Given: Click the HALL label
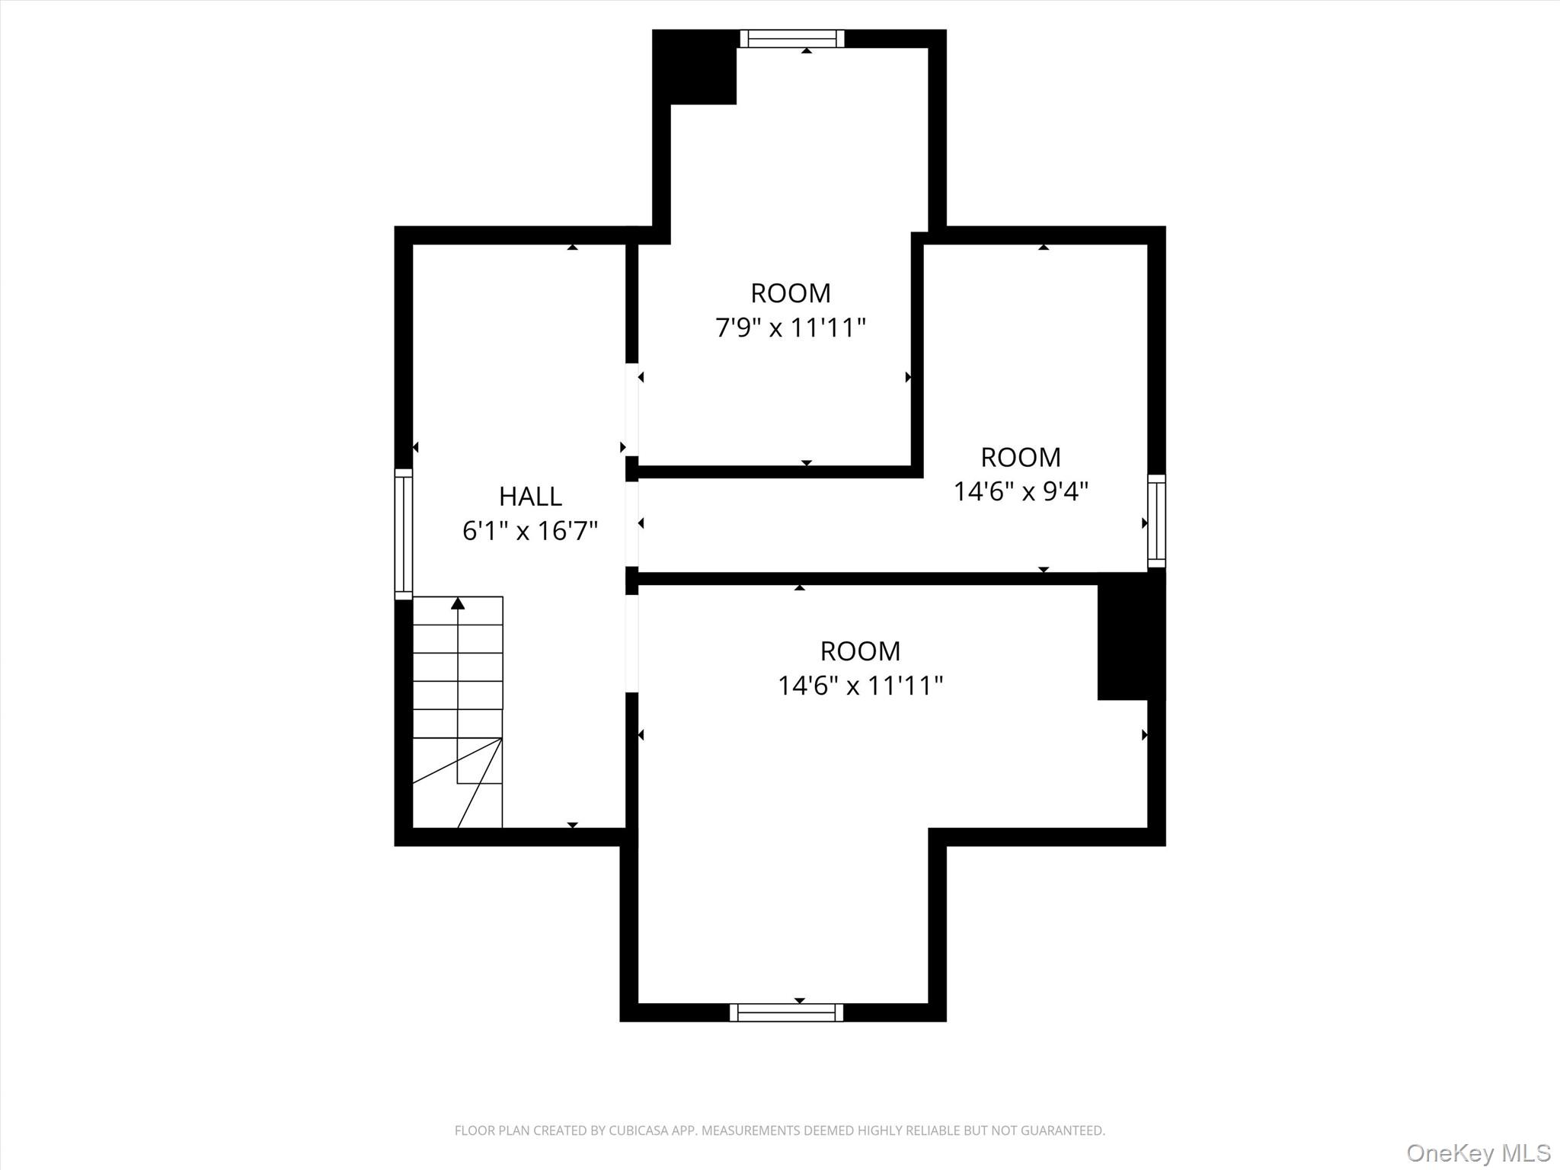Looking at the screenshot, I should click(530, 496).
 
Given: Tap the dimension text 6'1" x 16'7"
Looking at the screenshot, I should click(530, 530).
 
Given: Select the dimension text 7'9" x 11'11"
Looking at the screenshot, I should click(791, 328).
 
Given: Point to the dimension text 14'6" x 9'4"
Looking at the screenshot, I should click(1021, 491).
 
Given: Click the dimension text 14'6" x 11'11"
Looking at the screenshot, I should click(860, 686).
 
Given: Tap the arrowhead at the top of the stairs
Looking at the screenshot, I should click(458, 603).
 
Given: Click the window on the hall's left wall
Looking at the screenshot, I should click(403, 533).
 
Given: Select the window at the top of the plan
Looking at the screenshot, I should click(792, 38).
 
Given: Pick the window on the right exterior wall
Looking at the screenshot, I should click(1156, 521).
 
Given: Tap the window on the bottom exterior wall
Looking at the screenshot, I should click(786, 1012).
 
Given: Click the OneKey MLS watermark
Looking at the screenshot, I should click(1478, 1152).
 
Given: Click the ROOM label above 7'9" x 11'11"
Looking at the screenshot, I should click(791, 293).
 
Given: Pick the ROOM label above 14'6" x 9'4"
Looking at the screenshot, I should click(1021, 457).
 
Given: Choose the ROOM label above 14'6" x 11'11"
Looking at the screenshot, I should click(860, 651).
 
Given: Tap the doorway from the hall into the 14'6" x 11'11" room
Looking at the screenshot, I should click(631, 644).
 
